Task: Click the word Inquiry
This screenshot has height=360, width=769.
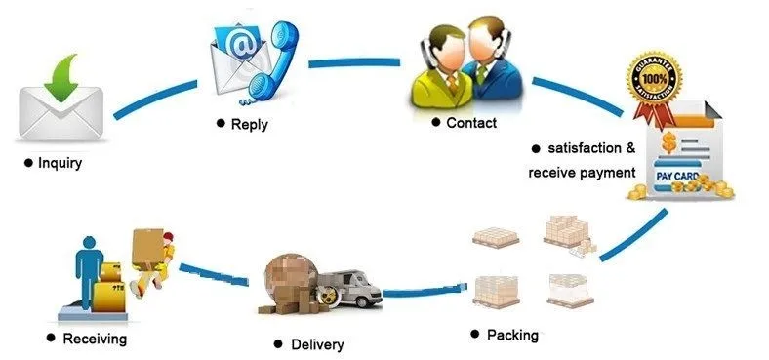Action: point(61,163)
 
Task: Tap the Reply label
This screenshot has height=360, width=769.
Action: point(250,125)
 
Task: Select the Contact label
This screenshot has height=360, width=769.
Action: point(471,123)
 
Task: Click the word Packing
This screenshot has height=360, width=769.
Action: point(512,335)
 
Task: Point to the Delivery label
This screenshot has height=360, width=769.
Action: point(318,344)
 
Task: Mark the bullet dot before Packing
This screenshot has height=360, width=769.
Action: point(475,335)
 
